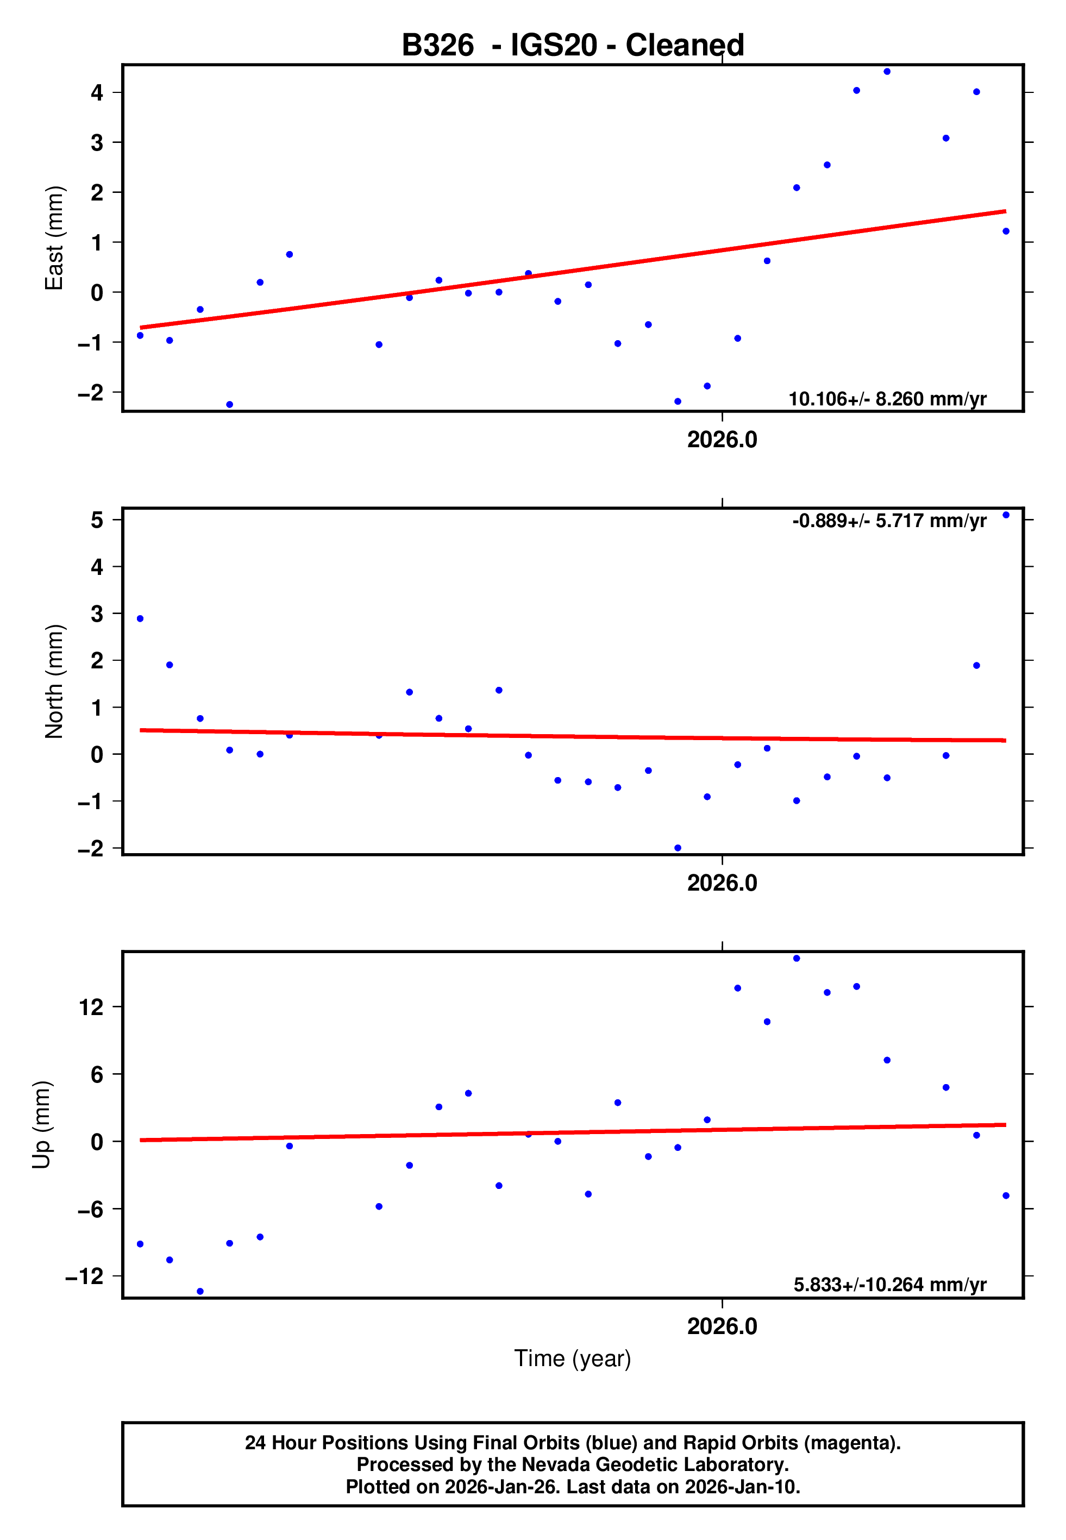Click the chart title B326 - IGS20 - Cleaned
(573, 46)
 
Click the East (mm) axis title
(54, 239)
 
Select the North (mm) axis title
(54, 681)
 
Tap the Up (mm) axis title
(42, 1125)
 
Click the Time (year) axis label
(573, 1359)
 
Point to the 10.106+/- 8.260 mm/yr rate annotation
(887, 399)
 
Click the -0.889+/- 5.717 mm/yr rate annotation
(889, 521)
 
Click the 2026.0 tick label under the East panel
(722, 440)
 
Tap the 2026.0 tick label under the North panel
(722, 884)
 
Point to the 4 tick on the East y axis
(97, 92)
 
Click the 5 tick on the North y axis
(97, 519)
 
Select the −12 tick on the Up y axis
(85, 1276)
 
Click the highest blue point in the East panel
(887, 71)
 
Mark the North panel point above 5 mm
(1006, 515)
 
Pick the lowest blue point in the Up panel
(200, 1292)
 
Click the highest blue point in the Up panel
(797, 959)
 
